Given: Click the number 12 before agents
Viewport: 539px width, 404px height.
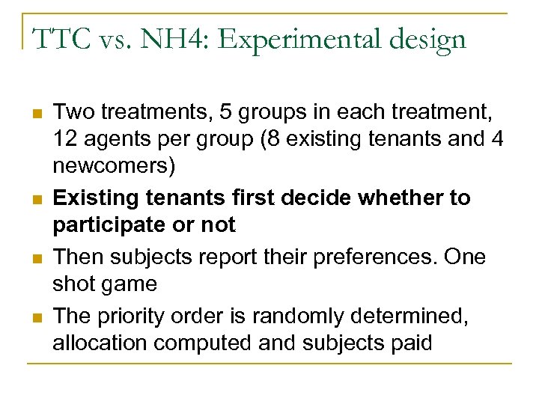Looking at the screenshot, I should [x=66, y=138].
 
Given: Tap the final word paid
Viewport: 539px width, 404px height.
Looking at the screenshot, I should [x=412, y=343].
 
